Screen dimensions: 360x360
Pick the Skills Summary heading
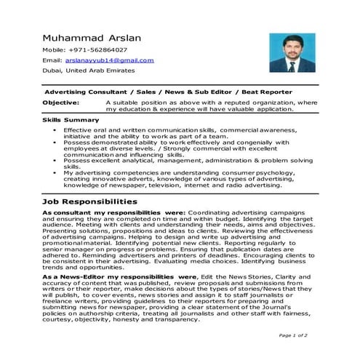tap(71, 119)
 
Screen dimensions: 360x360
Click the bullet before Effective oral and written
tap(56, 129)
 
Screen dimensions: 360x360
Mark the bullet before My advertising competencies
tap(56, 172)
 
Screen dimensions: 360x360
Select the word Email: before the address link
tap(52, 60)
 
